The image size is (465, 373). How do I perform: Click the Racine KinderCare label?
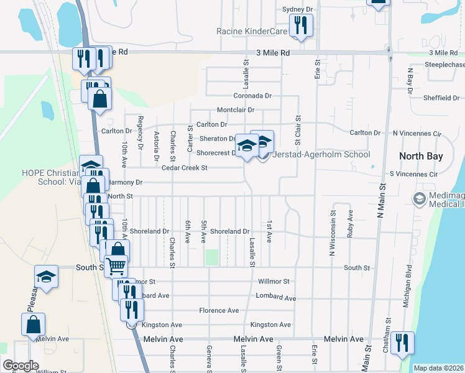[252, 31]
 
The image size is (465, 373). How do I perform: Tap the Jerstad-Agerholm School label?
[321, 155]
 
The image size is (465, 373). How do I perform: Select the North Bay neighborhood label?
[421, 156]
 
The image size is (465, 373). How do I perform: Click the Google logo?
[21, 366]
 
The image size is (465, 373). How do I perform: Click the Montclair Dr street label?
[236, 110]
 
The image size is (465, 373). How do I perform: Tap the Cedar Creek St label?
[184, 168]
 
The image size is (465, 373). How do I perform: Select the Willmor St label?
[274, 281]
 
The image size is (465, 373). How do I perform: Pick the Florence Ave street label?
[219, 310]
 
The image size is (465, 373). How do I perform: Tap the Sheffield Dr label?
[441, 98]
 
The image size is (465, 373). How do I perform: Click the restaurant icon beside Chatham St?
[402, 342]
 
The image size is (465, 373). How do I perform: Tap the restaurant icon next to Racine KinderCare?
[301, 25]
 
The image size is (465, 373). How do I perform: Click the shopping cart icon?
[116, 266]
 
